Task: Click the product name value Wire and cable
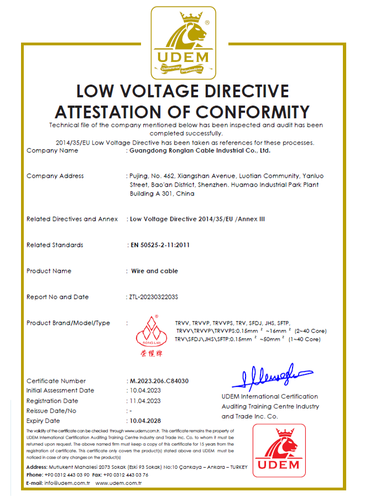tap(154, 271)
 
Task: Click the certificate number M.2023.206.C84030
tap(159, 381)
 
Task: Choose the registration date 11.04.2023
tap(145, 401)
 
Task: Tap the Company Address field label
tap(55, 176)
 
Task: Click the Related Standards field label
tap(55, 245)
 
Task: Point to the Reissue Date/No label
tap(51, 411)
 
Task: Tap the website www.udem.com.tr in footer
tap(119, 483)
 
